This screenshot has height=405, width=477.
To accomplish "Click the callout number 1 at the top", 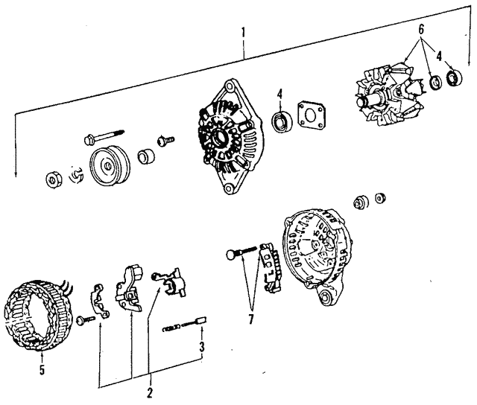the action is point(243,33).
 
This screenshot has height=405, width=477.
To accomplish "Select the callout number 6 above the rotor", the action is point(421,30).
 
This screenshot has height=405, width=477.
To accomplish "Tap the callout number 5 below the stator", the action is point(42,369).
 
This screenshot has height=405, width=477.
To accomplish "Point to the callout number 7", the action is point(250,319).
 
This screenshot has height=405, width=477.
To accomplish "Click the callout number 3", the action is point(202,347).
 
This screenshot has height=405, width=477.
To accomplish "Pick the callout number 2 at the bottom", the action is point(149,393).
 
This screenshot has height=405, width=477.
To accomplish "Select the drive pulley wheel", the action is point(110,165).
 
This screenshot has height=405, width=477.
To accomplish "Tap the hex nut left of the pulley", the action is point(54,180).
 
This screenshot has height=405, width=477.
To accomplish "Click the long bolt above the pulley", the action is point(104,136).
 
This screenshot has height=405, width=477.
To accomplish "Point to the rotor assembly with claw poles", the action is point(390,95).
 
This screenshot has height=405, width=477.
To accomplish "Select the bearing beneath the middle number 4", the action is point(282,122).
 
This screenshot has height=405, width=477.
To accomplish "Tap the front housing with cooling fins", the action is point(230,137).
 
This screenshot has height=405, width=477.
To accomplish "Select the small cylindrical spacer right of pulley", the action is point(146,156).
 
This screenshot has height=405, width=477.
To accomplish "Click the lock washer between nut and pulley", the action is point(76,175).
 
